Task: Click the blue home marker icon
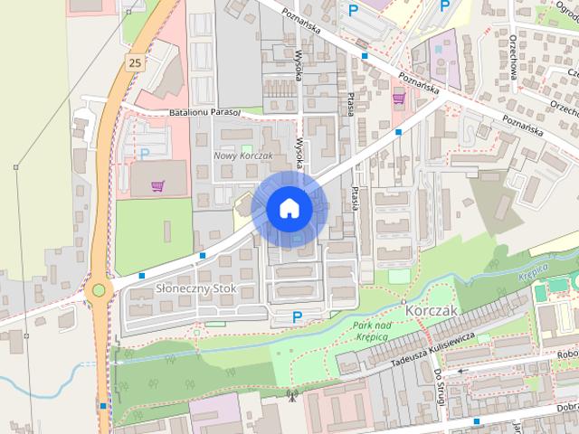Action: tap(289, 208)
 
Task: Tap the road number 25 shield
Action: tap(135, 62)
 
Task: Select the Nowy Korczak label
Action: tap(243, 156)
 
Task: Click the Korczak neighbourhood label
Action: tap(433, 310)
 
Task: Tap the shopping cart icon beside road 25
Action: tap(157, 185)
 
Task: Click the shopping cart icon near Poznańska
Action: tap(398, 99)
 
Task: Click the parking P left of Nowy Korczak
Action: tap(144, 154)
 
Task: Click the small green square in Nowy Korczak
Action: tap(247, 148)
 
